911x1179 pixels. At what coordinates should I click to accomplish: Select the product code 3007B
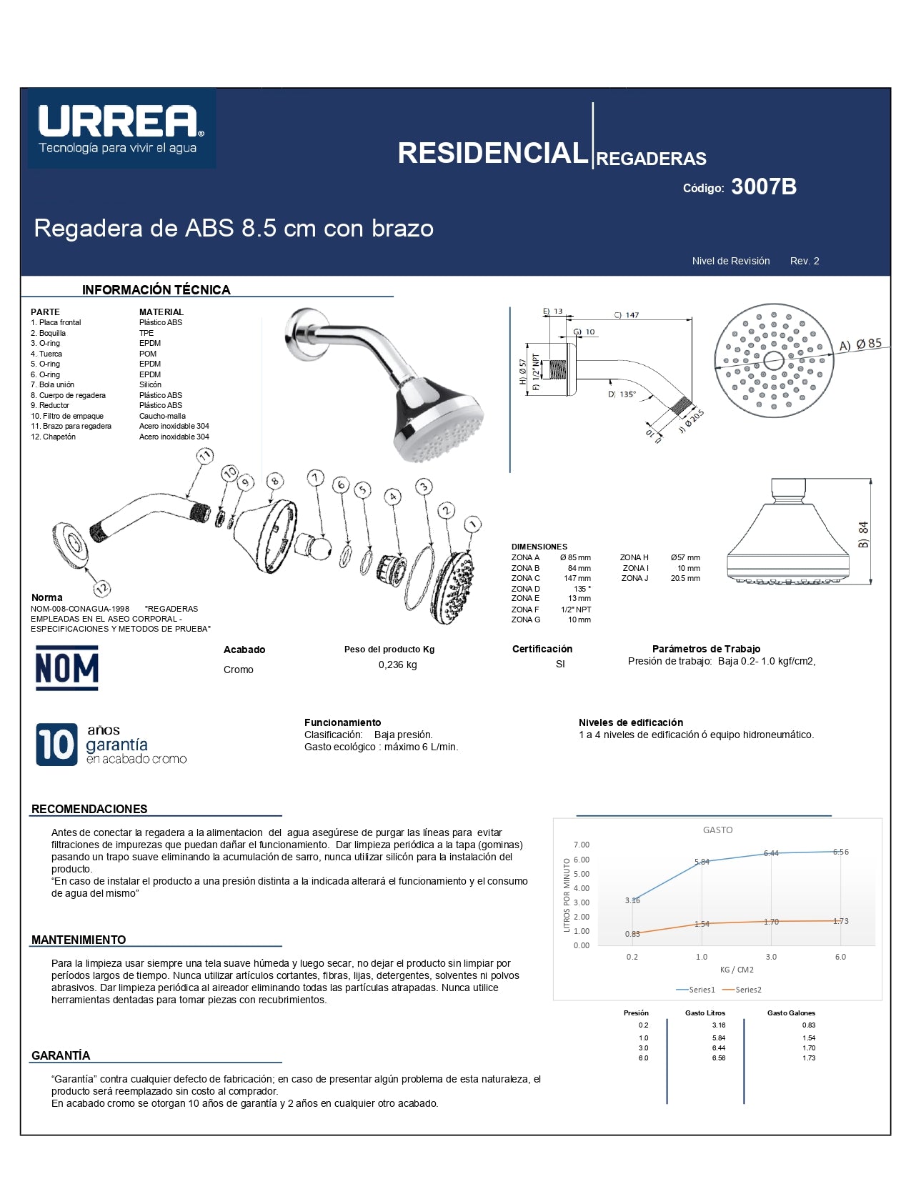coord(763,186)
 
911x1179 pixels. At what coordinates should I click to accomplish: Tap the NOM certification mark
coord(66,668)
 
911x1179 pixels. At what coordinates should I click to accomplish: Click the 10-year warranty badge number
coord(56,745)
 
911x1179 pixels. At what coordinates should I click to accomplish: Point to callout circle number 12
coord(102,589)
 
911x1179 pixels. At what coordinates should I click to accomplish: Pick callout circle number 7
coord(315,478)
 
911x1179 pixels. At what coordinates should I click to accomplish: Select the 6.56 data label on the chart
coord(840,852)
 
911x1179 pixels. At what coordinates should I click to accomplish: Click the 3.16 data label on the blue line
coord(632,900)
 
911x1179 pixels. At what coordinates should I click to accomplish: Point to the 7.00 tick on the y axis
coord(581,845)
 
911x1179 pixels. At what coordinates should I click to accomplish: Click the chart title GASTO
coord(717,830)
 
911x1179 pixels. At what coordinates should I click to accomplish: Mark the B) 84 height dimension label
coord(864,534)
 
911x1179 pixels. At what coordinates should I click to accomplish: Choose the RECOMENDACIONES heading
coord(89,809)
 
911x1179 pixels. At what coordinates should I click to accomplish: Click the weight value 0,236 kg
coord(397,665)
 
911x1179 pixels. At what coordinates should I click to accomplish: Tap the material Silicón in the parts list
coord(150,384)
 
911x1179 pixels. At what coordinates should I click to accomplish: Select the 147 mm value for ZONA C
coord(577,578)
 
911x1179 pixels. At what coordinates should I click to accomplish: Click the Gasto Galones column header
coord(790,1013)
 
